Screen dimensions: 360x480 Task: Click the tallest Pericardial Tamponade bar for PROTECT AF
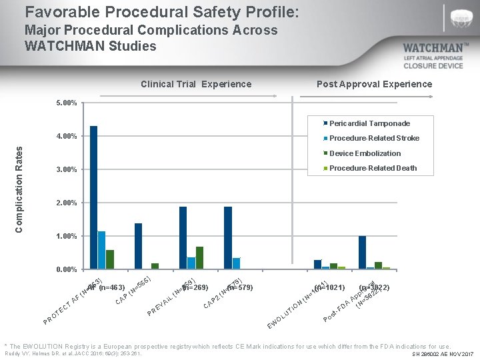94,197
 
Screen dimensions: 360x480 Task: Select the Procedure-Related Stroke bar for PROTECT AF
102,250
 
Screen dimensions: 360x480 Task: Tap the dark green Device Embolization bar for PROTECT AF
110,259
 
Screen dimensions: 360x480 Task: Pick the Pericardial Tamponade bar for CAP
139,246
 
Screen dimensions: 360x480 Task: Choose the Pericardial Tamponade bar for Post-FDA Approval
362,253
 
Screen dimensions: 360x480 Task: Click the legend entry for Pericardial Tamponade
369,123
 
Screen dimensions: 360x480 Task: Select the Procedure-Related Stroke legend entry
373,138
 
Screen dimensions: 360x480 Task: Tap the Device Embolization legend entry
365,153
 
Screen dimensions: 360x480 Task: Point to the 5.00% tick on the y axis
67,103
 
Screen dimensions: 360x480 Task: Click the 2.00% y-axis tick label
67,203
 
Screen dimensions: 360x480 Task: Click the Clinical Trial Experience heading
196,84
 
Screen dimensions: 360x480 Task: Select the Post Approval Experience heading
374,84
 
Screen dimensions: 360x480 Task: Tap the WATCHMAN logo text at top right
436,49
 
